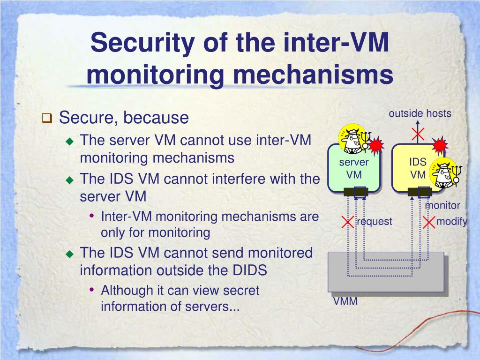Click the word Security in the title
[x=142, y=44]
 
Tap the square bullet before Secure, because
[x=47, y=118]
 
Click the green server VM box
[x=354, y=168]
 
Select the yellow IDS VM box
[x=418, y=168]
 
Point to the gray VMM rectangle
[x=386, y=271]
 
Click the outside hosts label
[x=420, y=113]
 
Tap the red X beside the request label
[x=348, y=222]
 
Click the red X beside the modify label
[x=429, y=222]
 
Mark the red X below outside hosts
[x=418, y=134]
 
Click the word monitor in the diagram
[x=443, y=205]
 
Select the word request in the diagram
[x=375, y=222]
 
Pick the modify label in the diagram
[x=452, y=221]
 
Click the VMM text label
[x=345, y=301]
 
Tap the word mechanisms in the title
[x=313, y=75]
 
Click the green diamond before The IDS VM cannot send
[x=70, y=254]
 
